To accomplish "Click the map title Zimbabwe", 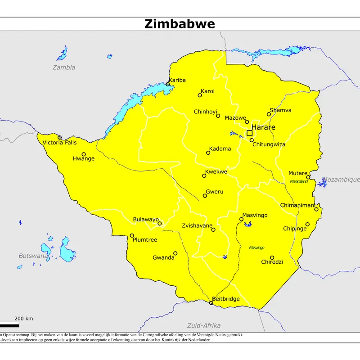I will pos(180,24).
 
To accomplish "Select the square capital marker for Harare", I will pos(249,133).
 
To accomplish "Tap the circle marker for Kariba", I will pos(168,84).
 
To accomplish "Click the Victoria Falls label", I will pos(59,143).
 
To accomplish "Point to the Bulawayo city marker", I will pos(159,223).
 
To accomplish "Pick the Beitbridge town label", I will pos(225,299).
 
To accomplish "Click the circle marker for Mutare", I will pos(308,177).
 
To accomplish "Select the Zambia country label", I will pos(63,67).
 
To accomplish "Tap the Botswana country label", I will pos(33,256).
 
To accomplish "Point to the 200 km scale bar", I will pos(9,324).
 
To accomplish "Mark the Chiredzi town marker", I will pos(272,257).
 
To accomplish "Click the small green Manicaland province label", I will pos(299,182).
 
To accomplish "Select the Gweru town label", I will pos(215,192).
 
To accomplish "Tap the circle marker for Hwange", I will pos(83,154).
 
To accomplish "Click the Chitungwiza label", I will pos(269,144).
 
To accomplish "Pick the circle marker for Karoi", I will pos(200,95).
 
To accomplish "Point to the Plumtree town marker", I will pos(132,235).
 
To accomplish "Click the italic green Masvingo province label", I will pos(256,247).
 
